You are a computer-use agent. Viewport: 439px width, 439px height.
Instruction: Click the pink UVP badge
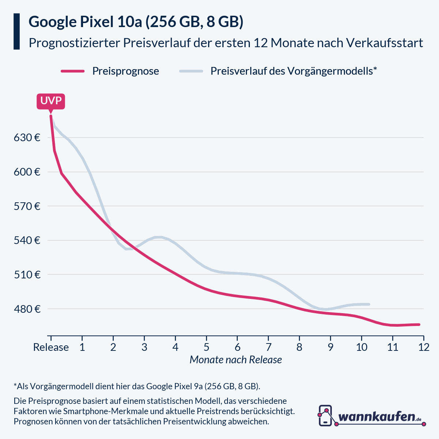coord(51,101)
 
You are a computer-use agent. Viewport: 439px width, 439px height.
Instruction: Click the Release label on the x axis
coord(51,347)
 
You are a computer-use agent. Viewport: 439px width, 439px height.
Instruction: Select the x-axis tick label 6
coord(237,347)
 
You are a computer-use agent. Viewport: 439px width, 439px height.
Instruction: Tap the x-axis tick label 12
coord(424,347)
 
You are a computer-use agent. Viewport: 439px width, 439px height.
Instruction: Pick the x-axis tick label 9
coord(330,347)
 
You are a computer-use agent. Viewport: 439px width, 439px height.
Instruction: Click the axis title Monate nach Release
coord(236,360)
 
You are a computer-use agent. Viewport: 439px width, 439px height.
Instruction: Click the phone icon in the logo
coord(325,416)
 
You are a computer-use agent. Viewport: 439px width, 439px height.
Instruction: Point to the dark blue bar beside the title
coord(16,31)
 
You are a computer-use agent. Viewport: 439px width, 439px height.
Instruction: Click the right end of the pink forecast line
coord(419,324)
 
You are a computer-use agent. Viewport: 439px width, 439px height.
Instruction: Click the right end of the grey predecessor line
coord(369,304)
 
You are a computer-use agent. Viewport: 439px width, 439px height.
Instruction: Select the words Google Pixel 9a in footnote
coord(174,386)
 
